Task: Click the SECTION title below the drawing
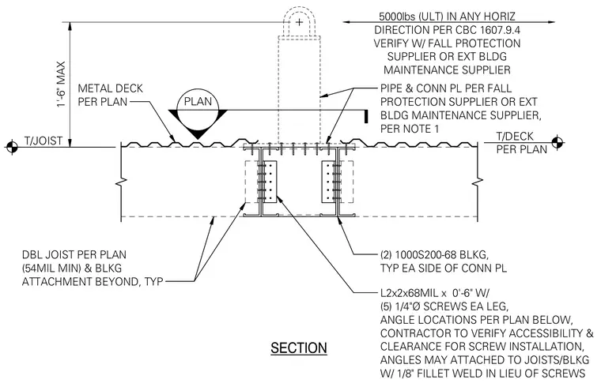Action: (299, 348)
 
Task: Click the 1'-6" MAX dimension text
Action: (62, 84)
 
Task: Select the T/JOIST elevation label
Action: (43, 141)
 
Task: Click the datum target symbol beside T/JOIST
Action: (12, 146)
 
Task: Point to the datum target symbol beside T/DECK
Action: (558, 142)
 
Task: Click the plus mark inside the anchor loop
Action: (300, 22)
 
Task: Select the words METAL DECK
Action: (111, 88)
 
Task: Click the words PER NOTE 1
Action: (410, 129)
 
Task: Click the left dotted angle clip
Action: (270, 182)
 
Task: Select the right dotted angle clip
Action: (327, 182)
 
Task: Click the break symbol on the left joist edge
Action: (122, 181)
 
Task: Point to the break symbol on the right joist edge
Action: (478, 181)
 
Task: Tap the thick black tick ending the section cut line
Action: (366, 116)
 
